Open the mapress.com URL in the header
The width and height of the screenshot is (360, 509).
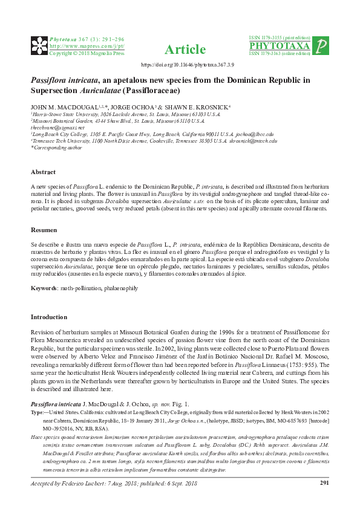87,46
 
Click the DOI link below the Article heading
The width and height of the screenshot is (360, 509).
180,64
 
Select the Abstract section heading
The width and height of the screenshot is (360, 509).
44,155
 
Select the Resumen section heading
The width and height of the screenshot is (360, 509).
44,230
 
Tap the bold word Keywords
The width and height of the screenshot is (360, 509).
44,288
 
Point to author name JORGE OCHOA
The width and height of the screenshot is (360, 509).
131,106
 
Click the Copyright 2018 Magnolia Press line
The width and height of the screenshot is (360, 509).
87,53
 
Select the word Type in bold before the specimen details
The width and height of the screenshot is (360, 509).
36,411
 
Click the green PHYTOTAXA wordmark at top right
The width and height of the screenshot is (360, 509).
280,46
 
